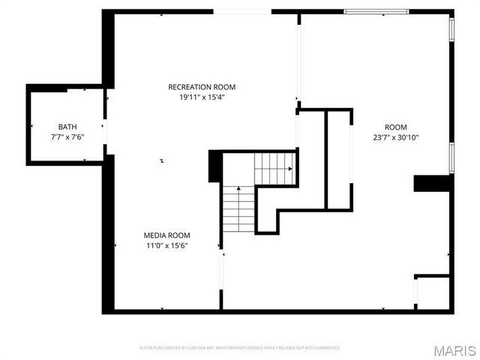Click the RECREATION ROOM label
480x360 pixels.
pos(196,87)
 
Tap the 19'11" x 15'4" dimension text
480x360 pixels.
pos(196,97)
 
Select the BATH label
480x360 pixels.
pos(67,127)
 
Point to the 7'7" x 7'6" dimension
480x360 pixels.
pos(67,136)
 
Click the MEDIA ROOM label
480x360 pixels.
pos(166,235)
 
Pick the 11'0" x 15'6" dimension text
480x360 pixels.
pos(166,244)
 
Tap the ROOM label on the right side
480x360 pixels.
pos(396,127)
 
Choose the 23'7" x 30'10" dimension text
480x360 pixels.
pos(396,137)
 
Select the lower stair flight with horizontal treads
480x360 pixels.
pos(239,208)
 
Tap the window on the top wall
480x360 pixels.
pos(376,11)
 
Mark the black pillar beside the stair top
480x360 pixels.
pos(214,166)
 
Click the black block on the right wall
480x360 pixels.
pos(431,183)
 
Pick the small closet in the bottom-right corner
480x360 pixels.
pos(433,292)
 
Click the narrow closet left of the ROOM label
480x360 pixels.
pos(339,160)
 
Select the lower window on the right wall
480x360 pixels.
pos(451,156)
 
